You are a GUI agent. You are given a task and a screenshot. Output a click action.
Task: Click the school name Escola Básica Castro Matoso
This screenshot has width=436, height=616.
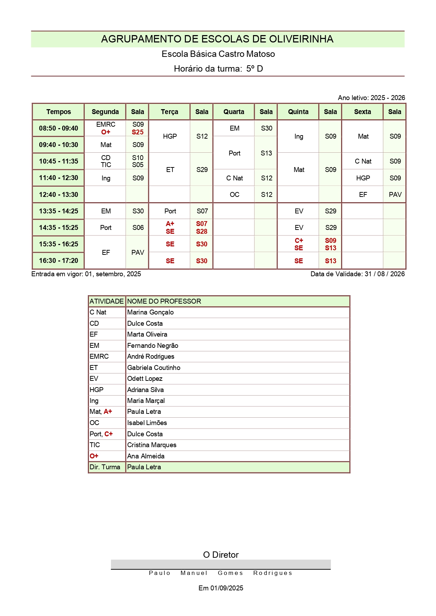tap(218, 54)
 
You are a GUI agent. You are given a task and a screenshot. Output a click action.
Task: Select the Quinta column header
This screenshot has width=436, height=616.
tap(298, 112)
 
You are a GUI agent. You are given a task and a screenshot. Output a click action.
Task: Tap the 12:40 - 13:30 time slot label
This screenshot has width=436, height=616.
tap(58, 194)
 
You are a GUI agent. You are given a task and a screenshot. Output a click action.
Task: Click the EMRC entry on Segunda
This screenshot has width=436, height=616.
tap(106, 125)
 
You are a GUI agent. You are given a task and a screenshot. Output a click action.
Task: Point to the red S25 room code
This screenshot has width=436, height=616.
tap(138, 132)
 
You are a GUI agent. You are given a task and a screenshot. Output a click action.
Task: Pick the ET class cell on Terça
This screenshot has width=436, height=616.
tap(170, 170)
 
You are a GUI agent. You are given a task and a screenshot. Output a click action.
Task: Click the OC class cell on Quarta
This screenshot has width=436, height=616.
tap(234, 194)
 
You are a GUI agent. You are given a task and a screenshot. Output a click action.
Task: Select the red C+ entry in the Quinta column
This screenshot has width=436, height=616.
tap(299, 240)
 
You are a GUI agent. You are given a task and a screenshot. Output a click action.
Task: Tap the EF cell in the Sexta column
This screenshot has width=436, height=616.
tap(363, 194)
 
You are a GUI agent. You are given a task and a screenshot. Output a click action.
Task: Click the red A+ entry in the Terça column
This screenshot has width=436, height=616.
tap(170, 224)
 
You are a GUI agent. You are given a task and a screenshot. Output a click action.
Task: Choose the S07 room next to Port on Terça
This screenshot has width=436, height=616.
tap(202, 211)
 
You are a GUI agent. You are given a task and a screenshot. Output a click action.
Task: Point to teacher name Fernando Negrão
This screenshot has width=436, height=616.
tap(152, 345)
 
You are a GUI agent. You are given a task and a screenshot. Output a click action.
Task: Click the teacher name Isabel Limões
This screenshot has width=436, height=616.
tap(147, 423)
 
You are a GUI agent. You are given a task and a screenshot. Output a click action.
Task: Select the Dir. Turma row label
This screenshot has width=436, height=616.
tap(105, 467)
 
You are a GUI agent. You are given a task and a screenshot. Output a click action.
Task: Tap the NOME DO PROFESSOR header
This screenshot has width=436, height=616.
tap(164, 301)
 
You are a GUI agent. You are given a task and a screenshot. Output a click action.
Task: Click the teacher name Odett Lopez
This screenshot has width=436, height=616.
tap(145, 378)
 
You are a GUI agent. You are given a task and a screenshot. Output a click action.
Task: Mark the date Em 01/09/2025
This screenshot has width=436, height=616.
tap(221, 588)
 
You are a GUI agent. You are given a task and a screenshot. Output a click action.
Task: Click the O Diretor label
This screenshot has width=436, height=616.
tap(221, 555)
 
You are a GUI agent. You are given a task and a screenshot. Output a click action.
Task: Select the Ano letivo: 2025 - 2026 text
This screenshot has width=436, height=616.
tap(371, 98)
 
